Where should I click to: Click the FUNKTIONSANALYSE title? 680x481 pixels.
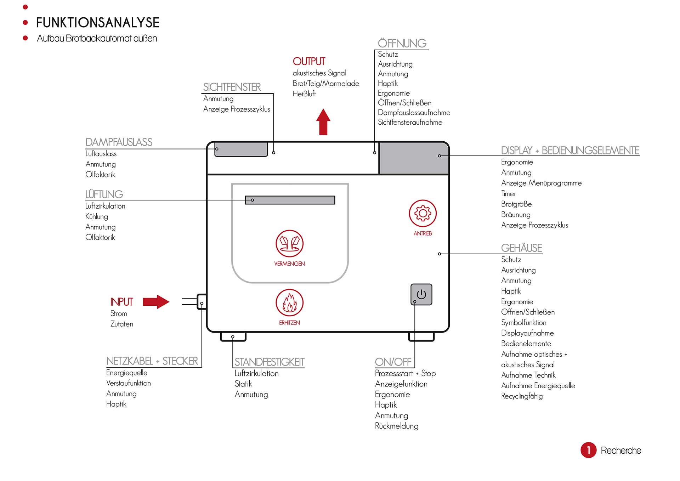click(98, 23)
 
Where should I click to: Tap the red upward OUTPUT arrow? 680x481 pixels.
click(323, 122)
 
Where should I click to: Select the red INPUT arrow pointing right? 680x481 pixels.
click(156, 302)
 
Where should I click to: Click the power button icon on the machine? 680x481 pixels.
click(421, 294)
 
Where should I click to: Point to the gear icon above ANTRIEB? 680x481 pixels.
click(423, 213)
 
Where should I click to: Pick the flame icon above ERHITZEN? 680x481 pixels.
click(289, 303)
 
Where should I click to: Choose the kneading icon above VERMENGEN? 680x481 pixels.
click(289, 244)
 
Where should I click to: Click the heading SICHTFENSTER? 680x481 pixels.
click(232, 87)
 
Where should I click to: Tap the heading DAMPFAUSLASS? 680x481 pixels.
click(119, 142)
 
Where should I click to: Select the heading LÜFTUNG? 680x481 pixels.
click(104, 194)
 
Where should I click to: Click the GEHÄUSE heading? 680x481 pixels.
click(521, 248)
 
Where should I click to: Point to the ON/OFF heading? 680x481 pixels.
click(393, 362)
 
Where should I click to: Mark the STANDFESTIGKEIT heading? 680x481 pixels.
click(270, 362)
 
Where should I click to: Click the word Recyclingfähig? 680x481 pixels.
click(522, 396)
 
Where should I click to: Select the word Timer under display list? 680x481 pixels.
click(509, 194)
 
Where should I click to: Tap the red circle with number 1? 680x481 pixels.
click(588, 450)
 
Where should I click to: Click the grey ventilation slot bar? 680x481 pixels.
click(290, 200)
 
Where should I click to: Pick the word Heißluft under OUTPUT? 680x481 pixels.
click(304, 94)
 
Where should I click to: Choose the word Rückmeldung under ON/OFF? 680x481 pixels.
click(397, 426)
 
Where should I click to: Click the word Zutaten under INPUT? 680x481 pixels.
click(122, 324)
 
